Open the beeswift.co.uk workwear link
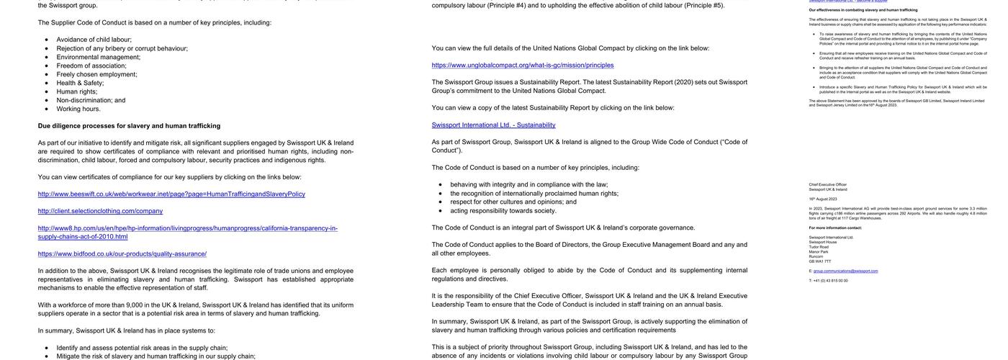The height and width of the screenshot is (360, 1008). [x=171, y=194]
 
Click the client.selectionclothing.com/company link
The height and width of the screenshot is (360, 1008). [x=100, y=211]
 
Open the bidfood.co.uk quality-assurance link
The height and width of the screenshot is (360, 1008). [x=122, y=254]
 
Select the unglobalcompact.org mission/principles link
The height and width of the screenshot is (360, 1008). [x=523, y=66]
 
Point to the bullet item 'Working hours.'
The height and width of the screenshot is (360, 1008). [x=78, y=109]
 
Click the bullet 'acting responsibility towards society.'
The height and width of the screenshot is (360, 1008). [x=503, y=211]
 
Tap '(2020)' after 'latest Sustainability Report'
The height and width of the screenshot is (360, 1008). [x=683, y=82]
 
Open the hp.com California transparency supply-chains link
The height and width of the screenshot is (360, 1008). [x=187, y=232]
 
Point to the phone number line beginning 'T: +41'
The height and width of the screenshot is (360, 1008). [x=828, y=281]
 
